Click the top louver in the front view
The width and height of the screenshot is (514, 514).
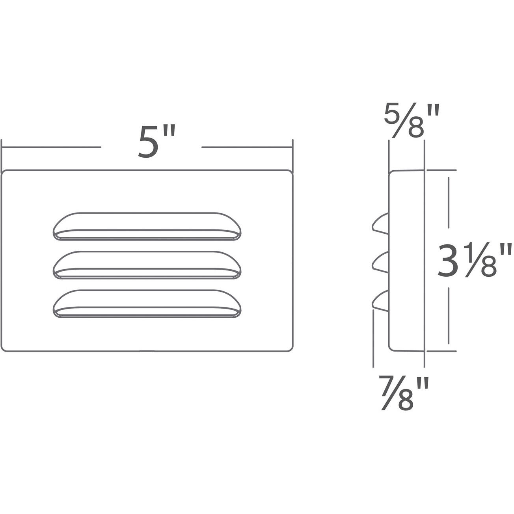click(x=146, y=226)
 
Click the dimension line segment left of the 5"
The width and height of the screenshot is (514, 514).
click(x=51, y=147)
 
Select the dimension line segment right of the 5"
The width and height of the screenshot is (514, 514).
click(x=246, y=147)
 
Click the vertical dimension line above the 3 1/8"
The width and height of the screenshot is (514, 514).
click(x=448, y=203)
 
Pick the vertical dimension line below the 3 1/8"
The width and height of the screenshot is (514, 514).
click(x=448, y=315)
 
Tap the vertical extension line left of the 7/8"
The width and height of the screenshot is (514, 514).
click(x=373, y=338)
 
